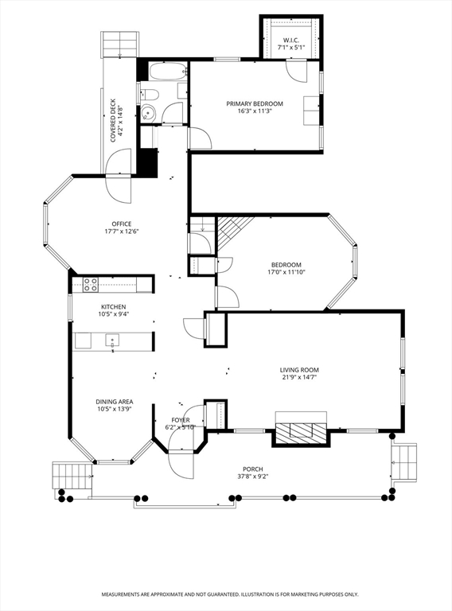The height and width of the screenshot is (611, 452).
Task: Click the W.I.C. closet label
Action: [x=290, y=40]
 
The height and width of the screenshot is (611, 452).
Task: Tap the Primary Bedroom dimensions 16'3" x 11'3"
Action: [x=254, y=111]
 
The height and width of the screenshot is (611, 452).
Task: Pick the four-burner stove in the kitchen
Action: [x=90, y=283]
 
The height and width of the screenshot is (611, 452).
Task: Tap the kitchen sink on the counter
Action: [x=112, y=341]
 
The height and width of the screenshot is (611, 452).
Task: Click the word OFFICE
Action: [x=122, y=224]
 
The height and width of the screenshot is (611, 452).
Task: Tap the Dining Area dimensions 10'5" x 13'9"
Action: [x=114, y=410]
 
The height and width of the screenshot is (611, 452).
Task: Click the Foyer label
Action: [x=181, y=419]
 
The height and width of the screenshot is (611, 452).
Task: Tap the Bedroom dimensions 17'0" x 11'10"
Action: [x=286, y=272]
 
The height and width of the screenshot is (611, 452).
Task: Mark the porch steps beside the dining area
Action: [x=73, y=476]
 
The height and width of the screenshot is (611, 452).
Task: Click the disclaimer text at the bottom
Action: [x=229, y=594]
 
